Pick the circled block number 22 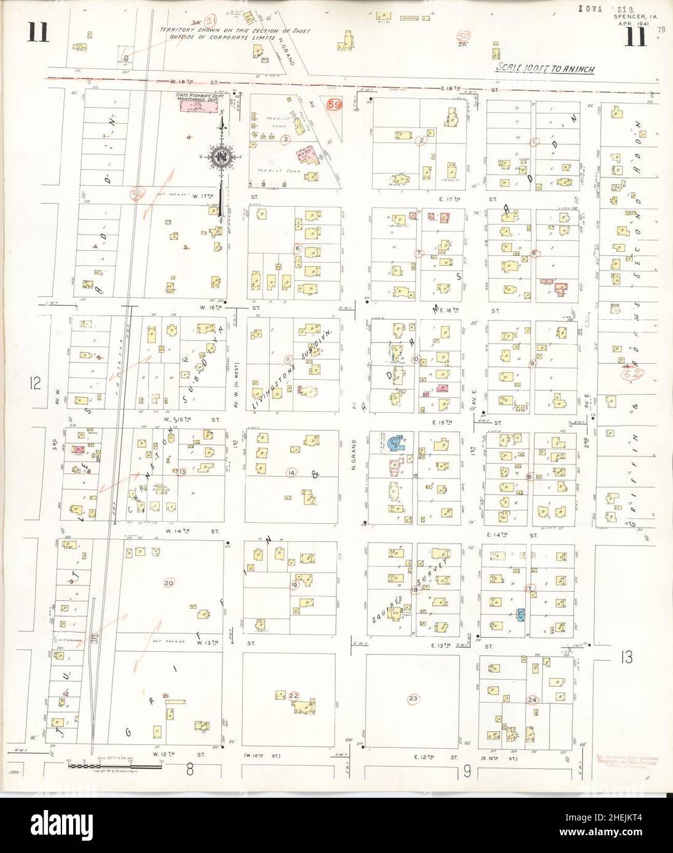click(294, 695)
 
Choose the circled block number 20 click(169, 582)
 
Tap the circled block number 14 click(291, 473)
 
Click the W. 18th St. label click(176, 82)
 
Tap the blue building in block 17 click(521, 614)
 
